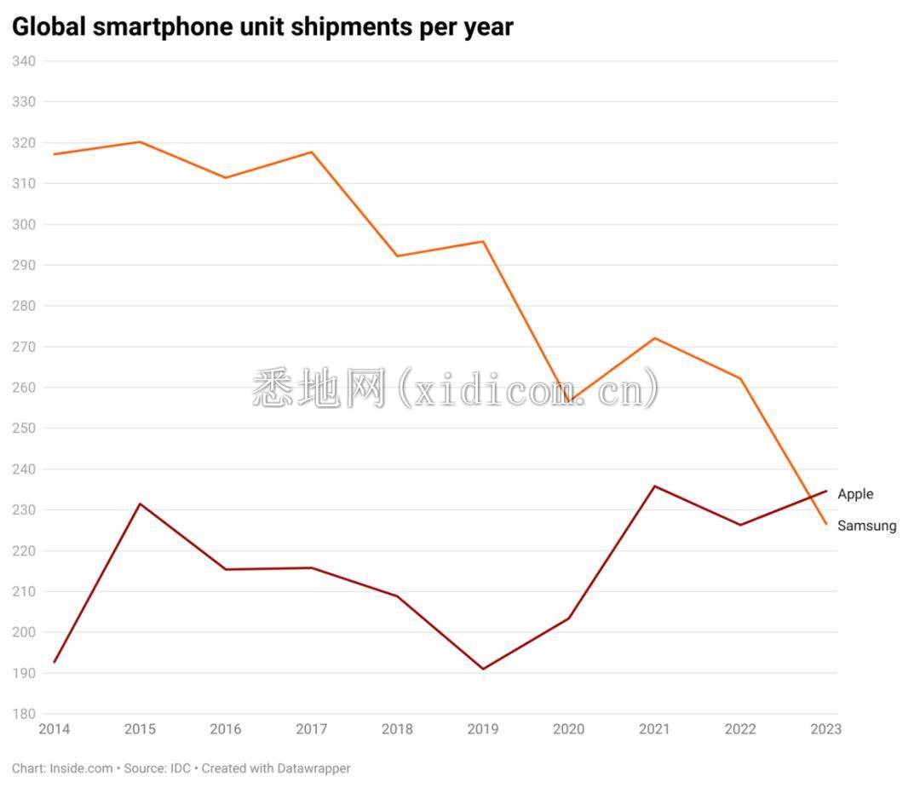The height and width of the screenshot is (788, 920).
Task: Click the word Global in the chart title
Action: pos(49,27)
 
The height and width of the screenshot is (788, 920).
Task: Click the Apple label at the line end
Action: pos(855,494)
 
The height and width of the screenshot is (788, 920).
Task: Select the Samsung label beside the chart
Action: pos(866,526)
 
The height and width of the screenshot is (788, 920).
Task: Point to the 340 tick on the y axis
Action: pos(23,61)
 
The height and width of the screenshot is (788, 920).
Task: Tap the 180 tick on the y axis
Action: pos(23,714)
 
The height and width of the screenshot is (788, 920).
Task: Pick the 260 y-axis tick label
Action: pos(23,388)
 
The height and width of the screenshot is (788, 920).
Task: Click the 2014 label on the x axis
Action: pos(55,729)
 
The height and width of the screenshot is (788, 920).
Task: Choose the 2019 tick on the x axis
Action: pos(483,729)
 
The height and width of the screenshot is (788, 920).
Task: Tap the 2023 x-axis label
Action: pos(825,729)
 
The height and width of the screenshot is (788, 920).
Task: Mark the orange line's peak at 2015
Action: pos(140,141)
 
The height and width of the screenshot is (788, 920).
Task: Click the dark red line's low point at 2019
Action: pos(483,669)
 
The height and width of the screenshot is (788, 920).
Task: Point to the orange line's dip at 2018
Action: pos(397,256)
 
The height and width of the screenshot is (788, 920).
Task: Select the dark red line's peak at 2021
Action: pos(654,486)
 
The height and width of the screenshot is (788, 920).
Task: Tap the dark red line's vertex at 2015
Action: pos(140,503)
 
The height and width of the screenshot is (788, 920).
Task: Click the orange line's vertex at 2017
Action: pos(312,152)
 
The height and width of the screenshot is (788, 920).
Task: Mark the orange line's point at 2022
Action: pos(740,378)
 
